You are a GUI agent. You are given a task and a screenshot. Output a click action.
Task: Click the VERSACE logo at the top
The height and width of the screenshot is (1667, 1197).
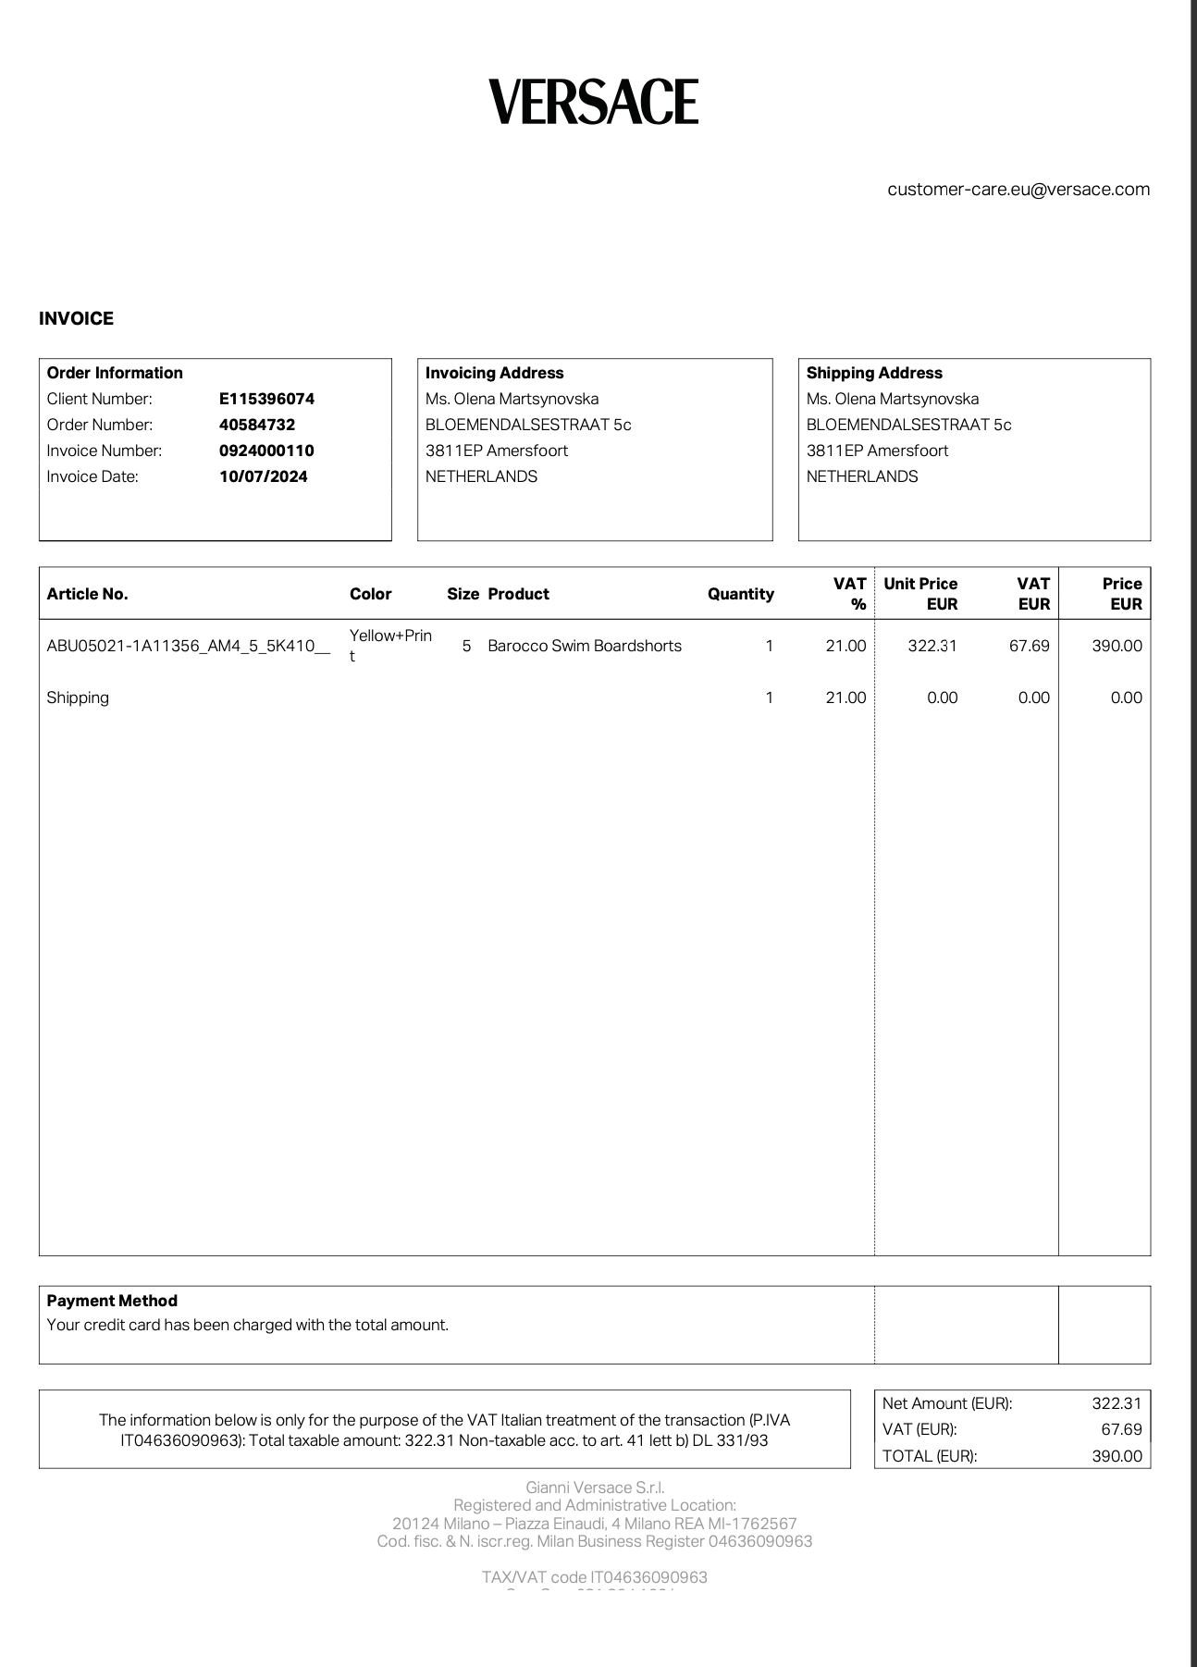(593, 102)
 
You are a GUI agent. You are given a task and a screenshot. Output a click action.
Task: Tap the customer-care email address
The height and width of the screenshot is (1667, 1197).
(1018, 190)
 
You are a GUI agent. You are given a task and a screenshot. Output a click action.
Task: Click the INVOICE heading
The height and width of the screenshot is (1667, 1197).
(76, 318)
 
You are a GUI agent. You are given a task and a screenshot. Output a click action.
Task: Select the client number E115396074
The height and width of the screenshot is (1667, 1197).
(266, 399)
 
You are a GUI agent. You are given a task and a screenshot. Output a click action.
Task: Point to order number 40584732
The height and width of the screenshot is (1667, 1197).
(257, 425)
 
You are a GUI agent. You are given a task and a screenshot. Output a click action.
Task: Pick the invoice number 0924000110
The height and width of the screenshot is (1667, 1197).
(266, 451)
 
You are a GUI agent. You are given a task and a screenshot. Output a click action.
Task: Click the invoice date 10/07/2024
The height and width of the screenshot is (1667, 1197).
(264, 476)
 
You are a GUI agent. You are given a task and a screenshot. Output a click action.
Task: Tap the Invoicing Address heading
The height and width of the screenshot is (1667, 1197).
(494, 373)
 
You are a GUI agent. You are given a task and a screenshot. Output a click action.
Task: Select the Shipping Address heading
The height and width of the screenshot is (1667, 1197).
(874, 373)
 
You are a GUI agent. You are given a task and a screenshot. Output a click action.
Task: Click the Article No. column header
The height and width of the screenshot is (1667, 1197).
(87, 594)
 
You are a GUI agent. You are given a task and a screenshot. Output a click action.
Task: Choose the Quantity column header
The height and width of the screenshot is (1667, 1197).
(740, 594)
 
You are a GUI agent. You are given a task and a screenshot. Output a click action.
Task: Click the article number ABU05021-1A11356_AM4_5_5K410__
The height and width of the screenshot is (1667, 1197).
(188, 646)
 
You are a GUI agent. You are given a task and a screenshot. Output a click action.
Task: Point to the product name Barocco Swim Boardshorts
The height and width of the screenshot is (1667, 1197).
(585, 646)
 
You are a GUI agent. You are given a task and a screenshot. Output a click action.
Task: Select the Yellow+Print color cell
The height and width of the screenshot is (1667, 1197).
(390, 645)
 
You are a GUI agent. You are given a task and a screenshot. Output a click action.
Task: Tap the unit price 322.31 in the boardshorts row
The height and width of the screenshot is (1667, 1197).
(932, 646)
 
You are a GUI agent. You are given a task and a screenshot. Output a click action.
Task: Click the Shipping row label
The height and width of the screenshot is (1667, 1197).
(78, 698)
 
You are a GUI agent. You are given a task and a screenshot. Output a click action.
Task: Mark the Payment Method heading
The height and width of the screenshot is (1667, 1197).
(112, 1301)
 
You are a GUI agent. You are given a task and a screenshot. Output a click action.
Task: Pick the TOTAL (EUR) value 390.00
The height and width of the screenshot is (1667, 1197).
(1117, 1456)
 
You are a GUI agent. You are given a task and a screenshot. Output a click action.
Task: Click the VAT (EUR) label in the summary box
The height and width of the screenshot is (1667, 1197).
(919, 1429)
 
